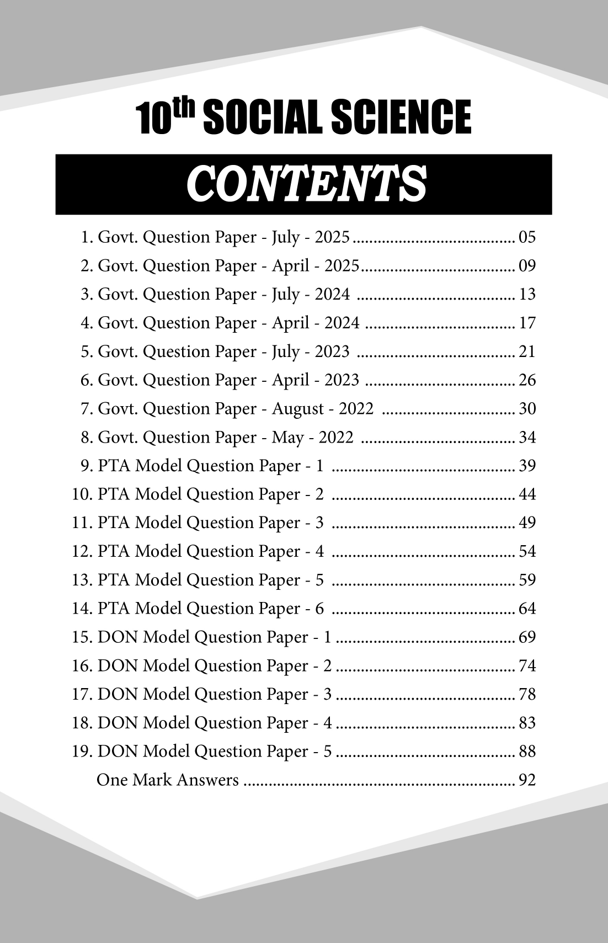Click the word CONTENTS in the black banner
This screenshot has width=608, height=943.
(306, 184)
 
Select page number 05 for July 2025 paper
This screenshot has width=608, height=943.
(527, 237)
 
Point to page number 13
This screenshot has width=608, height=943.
(527, 294)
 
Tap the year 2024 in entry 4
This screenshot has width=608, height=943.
(342, 323)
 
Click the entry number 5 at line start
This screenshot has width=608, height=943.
(86, 351)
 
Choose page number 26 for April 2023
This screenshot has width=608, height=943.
(527, 380)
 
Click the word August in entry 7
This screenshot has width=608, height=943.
(298, 409)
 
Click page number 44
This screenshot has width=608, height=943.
(527, 494)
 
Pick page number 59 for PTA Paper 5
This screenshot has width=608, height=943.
(527, 580)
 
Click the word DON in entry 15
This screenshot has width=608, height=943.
(118, 637)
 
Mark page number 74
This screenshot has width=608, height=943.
(527, 666)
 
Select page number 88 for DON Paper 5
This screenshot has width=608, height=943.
(527, 752)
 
